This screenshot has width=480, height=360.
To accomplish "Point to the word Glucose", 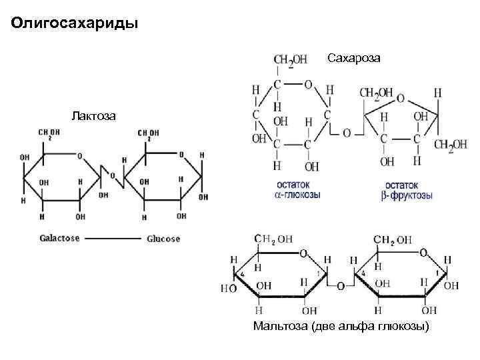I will (163, 238).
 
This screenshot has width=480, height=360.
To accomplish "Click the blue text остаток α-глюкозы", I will (297, 191).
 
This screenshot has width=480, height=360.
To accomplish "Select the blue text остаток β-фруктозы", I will (408, 191).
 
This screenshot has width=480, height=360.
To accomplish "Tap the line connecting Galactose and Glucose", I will (112, 239).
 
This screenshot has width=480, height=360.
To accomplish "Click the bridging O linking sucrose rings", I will (347, 133).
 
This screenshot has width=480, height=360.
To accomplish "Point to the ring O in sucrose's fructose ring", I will (400, 97).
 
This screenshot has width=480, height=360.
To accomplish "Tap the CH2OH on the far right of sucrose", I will (452, 146).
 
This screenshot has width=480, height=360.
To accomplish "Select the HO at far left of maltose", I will (229, 288).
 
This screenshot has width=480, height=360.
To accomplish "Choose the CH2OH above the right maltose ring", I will (391, 239).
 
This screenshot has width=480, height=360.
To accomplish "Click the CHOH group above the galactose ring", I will (49, 134).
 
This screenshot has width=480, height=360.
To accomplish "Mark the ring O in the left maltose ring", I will (303, 253).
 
